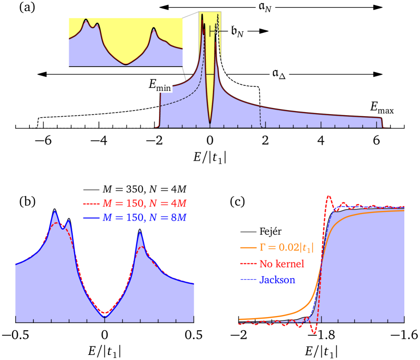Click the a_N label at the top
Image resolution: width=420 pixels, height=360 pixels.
[265, 7]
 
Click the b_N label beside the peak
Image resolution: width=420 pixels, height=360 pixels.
[237, 31]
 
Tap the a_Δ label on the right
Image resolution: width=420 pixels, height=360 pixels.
[278, 74]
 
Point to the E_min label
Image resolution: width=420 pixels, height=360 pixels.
[160, 86]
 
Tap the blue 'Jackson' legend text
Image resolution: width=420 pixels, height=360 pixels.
[277, 279]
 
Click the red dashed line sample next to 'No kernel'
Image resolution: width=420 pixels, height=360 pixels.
[248, 264]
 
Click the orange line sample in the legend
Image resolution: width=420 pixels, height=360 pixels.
[248, 248]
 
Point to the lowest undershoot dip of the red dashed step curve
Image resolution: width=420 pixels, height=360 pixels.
[314, 334]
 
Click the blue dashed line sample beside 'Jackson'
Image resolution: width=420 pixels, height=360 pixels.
[248, 279]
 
